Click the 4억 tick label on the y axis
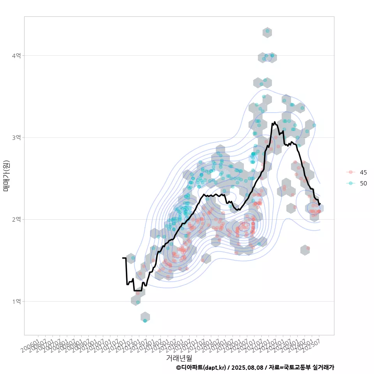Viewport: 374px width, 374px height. (16, 56)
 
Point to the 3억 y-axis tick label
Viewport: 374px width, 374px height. (16, 138)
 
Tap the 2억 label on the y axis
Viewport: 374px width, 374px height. (16, 219)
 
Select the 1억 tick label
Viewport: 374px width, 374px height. (16, 301)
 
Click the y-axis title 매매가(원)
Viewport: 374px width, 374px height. (7, 175)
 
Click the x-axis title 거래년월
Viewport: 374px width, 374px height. (179, 357)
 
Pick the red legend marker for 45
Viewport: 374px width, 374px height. (351, 172)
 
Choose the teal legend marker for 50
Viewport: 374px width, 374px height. (351, 183)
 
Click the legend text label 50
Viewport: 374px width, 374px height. (363, 183)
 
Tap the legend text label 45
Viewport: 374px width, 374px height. (363, 172)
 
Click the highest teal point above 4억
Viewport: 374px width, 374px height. (267, 31)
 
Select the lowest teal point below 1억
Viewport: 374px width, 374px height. (145, 321)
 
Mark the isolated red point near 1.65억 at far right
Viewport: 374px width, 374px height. (308, 248)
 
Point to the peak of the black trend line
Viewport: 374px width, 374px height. (275, 122)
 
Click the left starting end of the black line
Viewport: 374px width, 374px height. (123, 258)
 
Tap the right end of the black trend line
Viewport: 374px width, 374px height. (320, 204)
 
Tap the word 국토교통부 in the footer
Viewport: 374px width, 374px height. (298, 367)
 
